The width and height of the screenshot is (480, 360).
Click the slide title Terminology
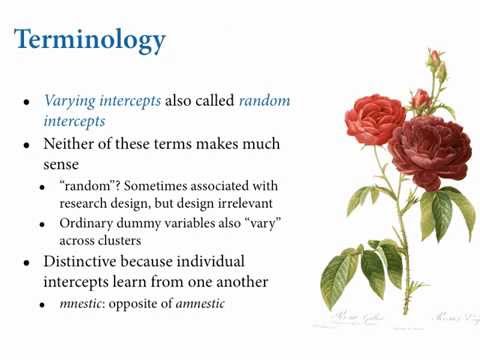[x=89, y=40]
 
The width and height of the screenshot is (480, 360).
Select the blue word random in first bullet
[x=265, y=100]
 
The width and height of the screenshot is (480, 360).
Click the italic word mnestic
[x=82, y=302]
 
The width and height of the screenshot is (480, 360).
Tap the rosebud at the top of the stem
[x=434, y=59]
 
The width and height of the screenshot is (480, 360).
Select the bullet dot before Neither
[x=26, y=144]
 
